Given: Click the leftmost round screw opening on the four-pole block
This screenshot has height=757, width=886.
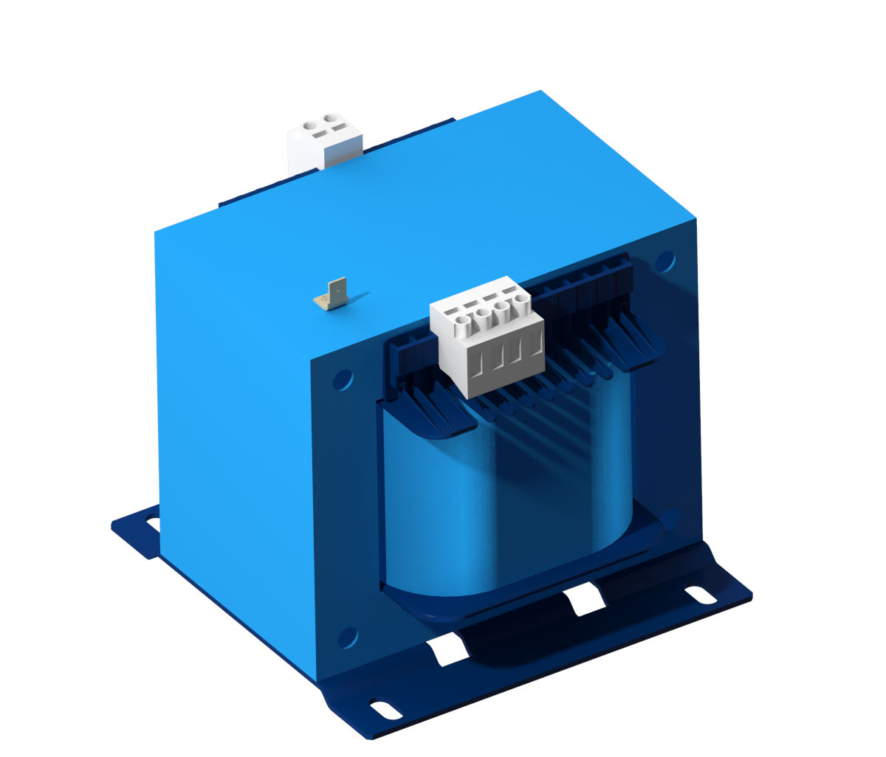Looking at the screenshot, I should pos(463,321).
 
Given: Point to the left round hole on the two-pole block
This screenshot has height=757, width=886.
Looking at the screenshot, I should pos(311,125).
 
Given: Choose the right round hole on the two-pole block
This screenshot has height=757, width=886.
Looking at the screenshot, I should pos(332,118).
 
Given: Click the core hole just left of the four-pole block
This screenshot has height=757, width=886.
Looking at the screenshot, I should pos(343,380).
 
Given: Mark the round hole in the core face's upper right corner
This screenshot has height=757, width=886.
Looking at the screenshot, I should pos(665,261).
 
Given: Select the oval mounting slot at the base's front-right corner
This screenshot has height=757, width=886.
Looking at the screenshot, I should pos(700,594).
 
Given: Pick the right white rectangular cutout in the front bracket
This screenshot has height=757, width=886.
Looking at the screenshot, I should pos(585,599).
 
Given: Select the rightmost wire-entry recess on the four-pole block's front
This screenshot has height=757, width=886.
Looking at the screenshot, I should pos(533,344).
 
